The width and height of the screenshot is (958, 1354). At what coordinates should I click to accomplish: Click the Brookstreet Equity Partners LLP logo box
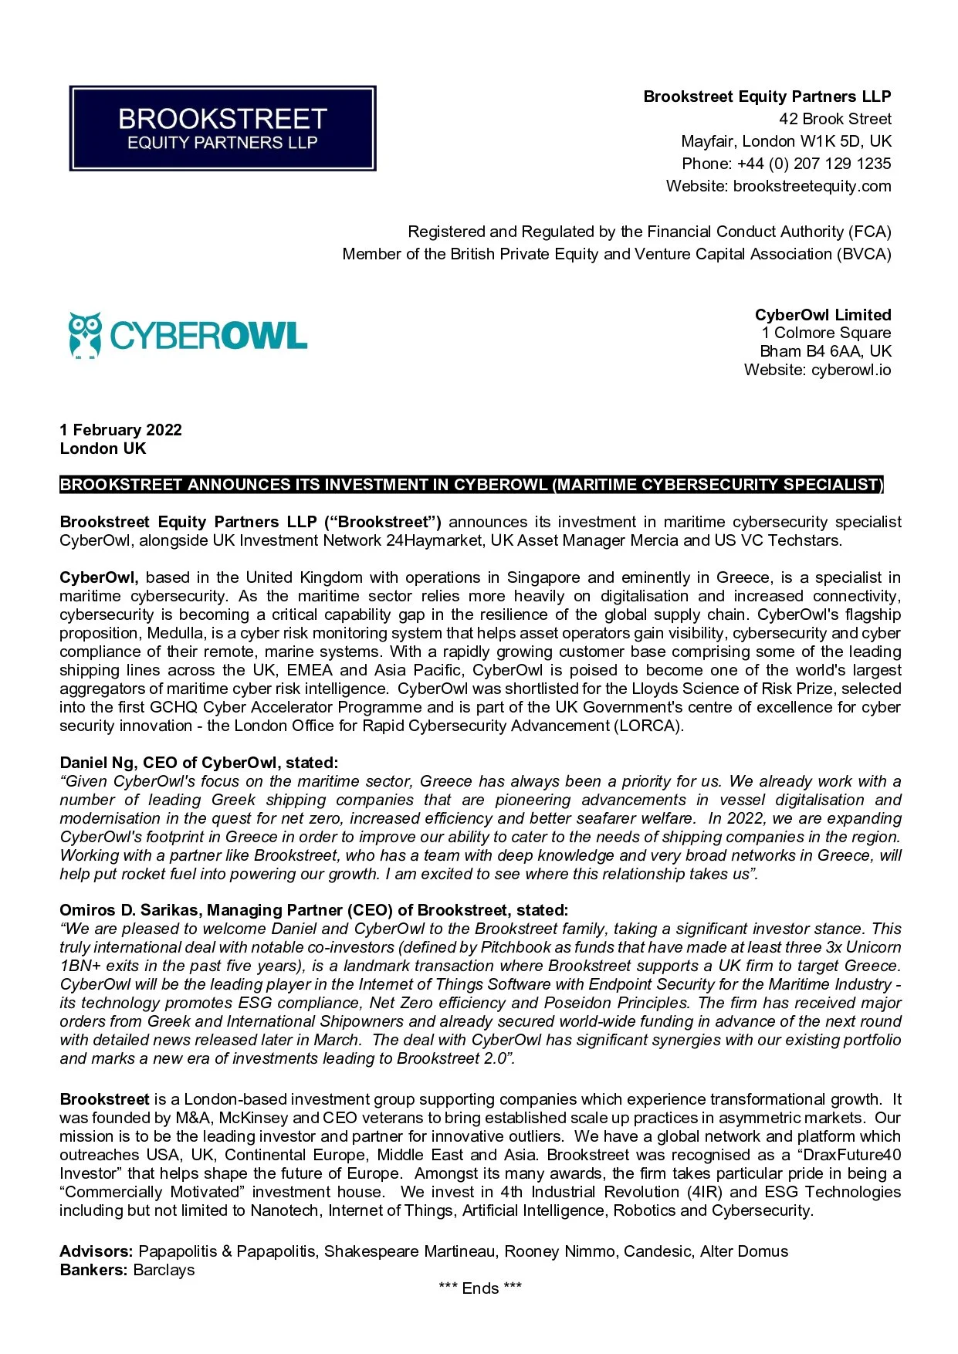222,128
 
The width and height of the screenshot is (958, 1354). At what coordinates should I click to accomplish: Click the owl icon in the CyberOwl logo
84,335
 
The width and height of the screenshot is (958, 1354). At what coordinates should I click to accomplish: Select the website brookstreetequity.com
811,186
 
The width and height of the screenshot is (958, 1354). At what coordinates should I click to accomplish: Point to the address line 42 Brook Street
834,119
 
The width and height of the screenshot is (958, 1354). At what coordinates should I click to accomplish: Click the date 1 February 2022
121,430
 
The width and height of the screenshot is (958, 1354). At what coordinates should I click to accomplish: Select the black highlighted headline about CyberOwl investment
471,485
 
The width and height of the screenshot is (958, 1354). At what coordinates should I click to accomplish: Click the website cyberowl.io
851,370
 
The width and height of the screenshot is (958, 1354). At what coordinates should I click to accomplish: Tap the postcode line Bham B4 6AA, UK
825,351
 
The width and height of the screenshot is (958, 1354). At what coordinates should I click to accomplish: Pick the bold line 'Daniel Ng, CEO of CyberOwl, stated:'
198,763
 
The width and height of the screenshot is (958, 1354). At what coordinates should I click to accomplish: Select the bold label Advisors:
96,1251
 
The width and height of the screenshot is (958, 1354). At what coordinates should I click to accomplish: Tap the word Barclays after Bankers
164,1270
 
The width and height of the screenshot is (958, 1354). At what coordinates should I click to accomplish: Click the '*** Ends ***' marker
479,1288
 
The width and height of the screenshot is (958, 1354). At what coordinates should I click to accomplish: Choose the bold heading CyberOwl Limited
822,315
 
